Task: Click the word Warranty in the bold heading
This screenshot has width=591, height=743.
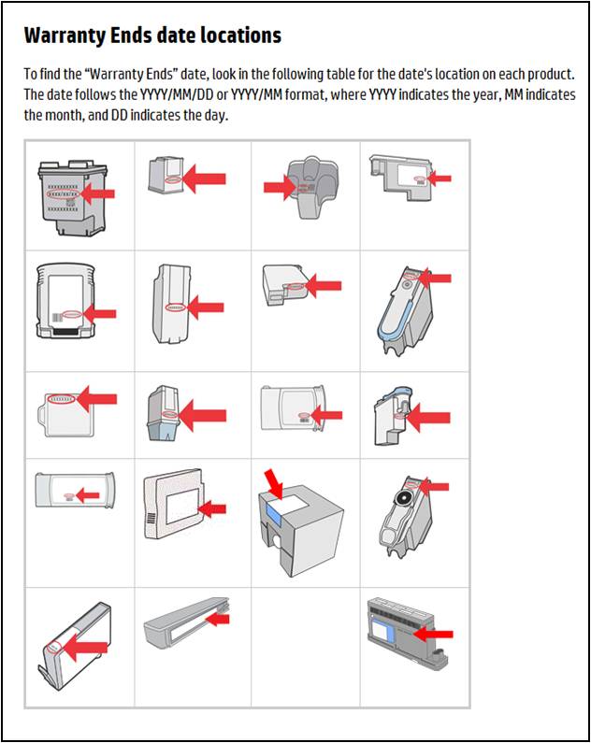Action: (x=62, y=36)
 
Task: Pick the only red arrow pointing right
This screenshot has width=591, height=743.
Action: (x=280, y=188)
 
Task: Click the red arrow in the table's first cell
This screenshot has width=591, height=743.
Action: (x=98, y=193)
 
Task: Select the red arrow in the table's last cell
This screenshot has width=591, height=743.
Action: (x=433, y=634)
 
